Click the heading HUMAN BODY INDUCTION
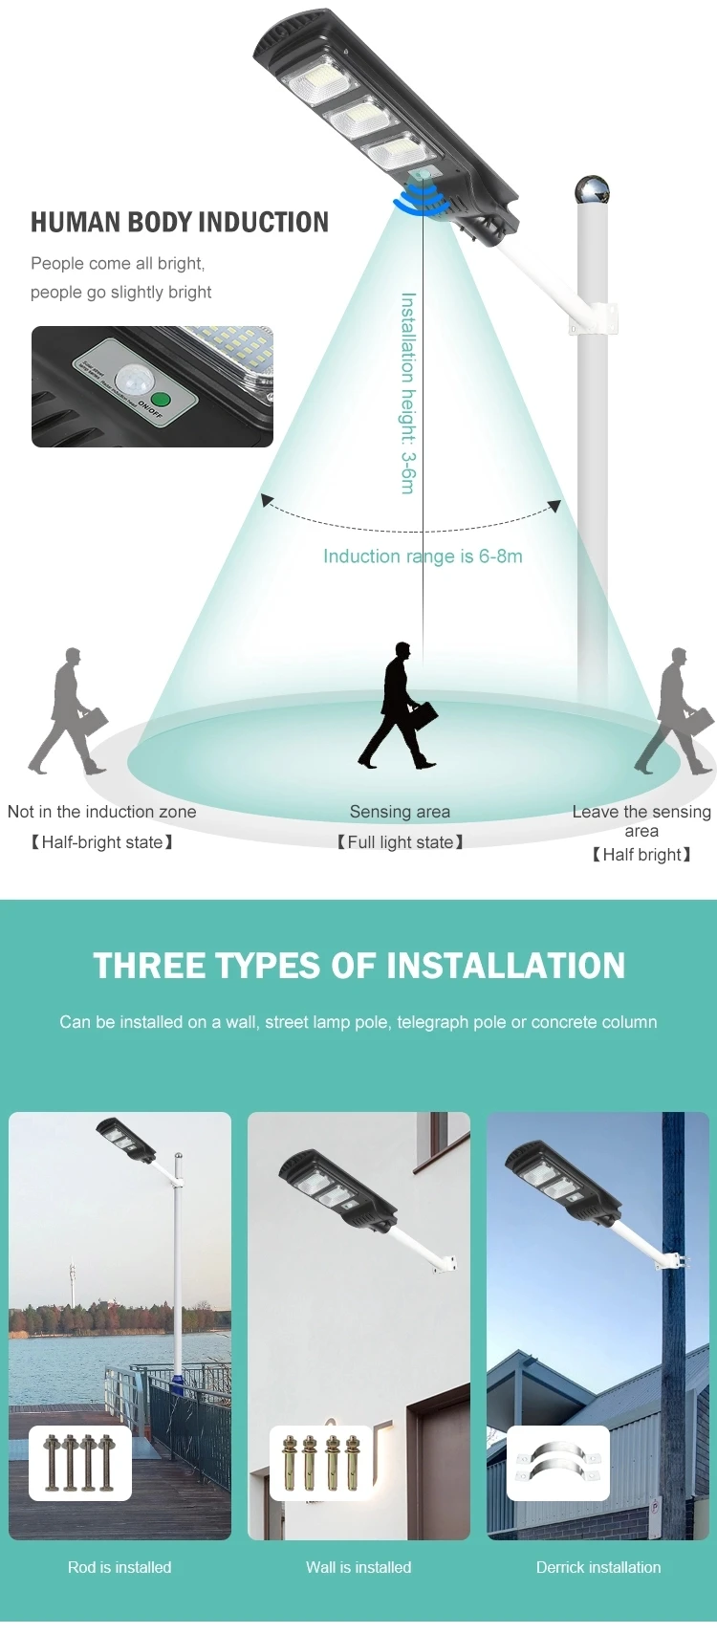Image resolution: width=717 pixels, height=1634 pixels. [180, 223]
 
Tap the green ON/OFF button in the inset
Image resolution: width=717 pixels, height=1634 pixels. [161, 400]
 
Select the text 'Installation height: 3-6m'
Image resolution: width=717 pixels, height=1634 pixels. [408, 393]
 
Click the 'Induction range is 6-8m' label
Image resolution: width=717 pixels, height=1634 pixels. [423, 556]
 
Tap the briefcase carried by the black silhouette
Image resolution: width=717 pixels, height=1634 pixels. [423, 715]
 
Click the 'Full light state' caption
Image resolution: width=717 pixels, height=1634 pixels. [400, 842]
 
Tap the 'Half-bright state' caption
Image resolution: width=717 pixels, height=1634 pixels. [102, 842]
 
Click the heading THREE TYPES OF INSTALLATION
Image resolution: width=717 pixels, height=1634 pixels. [358, 966]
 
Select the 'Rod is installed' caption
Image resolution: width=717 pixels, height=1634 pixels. [119, 1567]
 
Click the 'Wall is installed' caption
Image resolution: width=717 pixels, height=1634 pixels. [358, 1567]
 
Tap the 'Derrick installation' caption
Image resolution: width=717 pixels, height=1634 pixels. [598, 1567]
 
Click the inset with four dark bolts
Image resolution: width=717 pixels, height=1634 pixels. [80, 1463]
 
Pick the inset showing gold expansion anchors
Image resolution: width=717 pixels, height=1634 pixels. [321, 1463]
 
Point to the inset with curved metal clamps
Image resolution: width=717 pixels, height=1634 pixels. [558, 1463]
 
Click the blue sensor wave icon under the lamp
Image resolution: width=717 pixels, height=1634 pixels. [422, 200]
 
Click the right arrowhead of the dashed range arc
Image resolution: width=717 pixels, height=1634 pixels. [554, 506]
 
